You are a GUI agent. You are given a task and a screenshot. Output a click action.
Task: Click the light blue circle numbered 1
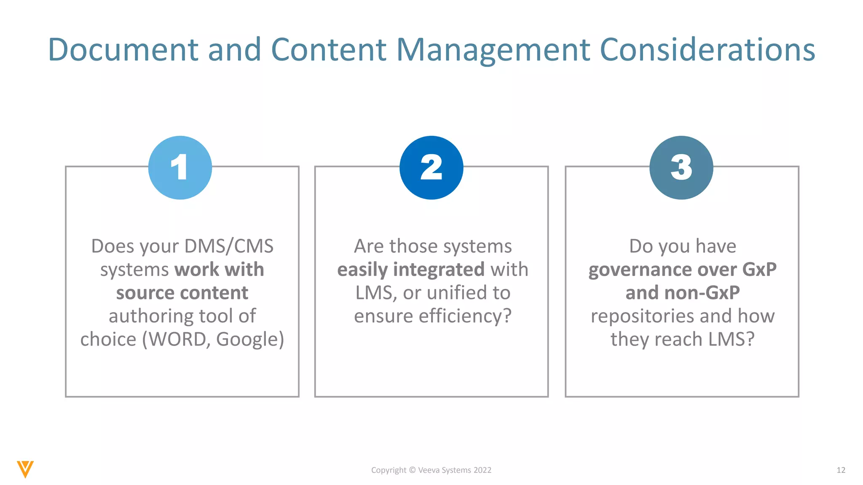[180, 168]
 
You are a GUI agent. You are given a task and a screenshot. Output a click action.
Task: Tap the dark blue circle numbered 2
[431, 168]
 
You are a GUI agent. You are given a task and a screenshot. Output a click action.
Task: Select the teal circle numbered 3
[681, 168]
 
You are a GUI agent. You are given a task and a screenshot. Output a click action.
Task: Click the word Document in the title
[123, 50]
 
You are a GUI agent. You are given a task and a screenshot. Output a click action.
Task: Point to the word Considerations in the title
[707, 50]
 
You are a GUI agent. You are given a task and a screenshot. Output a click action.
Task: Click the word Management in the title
[494, 50]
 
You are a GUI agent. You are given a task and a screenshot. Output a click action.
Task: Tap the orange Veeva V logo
[25, 469]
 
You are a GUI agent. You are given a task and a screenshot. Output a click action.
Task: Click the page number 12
[841, 470]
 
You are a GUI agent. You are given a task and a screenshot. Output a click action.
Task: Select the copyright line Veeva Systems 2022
[431, 470]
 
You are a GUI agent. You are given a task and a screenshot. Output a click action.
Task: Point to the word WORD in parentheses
[177, 339]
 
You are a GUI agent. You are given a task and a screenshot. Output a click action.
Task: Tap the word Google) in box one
[250, 339]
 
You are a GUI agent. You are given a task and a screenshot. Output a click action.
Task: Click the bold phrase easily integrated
[411, 269]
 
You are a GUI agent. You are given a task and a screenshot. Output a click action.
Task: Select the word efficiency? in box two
[465, 316]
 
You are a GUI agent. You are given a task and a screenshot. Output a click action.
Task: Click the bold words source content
[182, 293]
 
